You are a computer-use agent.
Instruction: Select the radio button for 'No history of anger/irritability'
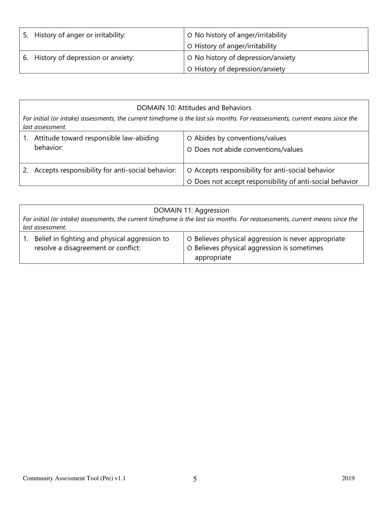click(189, 36)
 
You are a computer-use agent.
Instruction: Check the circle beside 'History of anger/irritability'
click(189, 47)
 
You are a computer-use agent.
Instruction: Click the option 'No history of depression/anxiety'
click(189, 58)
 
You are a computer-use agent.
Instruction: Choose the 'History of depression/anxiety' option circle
click(189, 69)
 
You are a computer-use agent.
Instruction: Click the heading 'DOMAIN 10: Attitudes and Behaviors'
click(194, 108)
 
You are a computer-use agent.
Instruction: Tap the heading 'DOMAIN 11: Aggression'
click(191, 210)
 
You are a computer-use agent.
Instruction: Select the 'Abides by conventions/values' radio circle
click(189, 138)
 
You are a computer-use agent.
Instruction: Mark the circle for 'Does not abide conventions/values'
click(189, 150)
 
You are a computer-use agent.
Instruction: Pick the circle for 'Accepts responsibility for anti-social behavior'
click(189, 170)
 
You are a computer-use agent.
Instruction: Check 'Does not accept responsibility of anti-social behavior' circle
click(189, 182)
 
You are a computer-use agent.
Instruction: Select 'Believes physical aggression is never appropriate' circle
click(189, 239)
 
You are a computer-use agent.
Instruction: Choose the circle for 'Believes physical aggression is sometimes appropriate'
click(189, 248)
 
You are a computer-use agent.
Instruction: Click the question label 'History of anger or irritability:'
click(80, 35)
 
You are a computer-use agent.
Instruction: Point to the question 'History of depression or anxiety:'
click(84, 58)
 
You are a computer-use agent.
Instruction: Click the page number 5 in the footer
click(195, 479)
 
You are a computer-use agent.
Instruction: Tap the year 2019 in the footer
click(348, 478)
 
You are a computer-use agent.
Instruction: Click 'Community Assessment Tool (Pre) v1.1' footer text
click(74, 478)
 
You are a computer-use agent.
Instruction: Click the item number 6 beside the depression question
click(25, 58)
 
